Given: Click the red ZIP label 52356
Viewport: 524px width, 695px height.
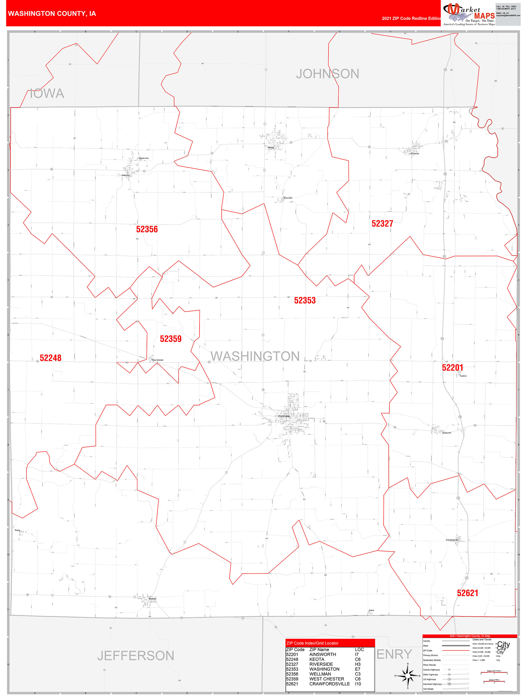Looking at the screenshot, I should [147, 229].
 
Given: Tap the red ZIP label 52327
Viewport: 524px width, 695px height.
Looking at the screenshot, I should [382, 224].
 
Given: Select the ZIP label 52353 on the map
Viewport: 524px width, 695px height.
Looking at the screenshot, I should [304, 300].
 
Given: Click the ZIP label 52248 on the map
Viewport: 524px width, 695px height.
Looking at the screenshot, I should [50, 358].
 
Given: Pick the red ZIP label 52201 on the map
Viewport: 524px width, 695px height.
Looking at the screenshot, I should [452, 368].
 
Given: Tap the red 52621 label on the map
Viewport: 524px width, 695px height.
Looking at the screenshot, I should [467, 593].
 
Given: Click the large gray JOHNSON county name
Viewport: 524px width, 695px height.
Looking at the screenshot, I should [327, 74].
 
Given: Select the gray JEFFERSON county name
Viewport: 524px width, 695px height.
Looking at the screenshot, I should [136, 656].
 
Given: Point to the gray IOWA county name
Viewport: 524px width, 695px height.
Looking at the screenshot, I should [47, 93].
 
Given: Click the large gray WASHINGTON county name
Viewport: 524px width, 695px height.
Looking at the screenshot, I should [255, 356].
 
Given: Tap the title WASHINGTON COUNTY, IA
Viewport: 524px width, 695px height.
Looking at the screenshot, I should [52, 14].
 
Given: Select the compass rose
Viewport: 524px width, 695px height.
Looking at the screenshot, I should [408, 675].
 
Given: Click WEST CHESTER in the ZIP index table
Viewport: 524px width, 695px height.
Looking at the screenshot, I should [327, 679].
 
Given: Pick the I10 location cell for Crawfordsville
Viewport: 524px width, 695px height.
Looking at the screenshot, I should [358, 684].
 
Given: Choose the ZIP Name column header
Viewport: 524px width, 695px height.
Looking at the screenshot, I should [319, 650].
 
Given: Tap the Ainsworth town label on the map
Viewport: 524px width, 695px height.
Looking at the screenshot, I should [447, 433].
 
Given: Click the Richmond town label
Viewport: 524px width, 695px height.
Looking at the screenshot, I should [288, 198].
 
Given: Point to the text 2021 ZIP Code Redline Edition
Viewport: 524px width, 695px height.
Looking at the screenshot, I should [411, 18].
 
